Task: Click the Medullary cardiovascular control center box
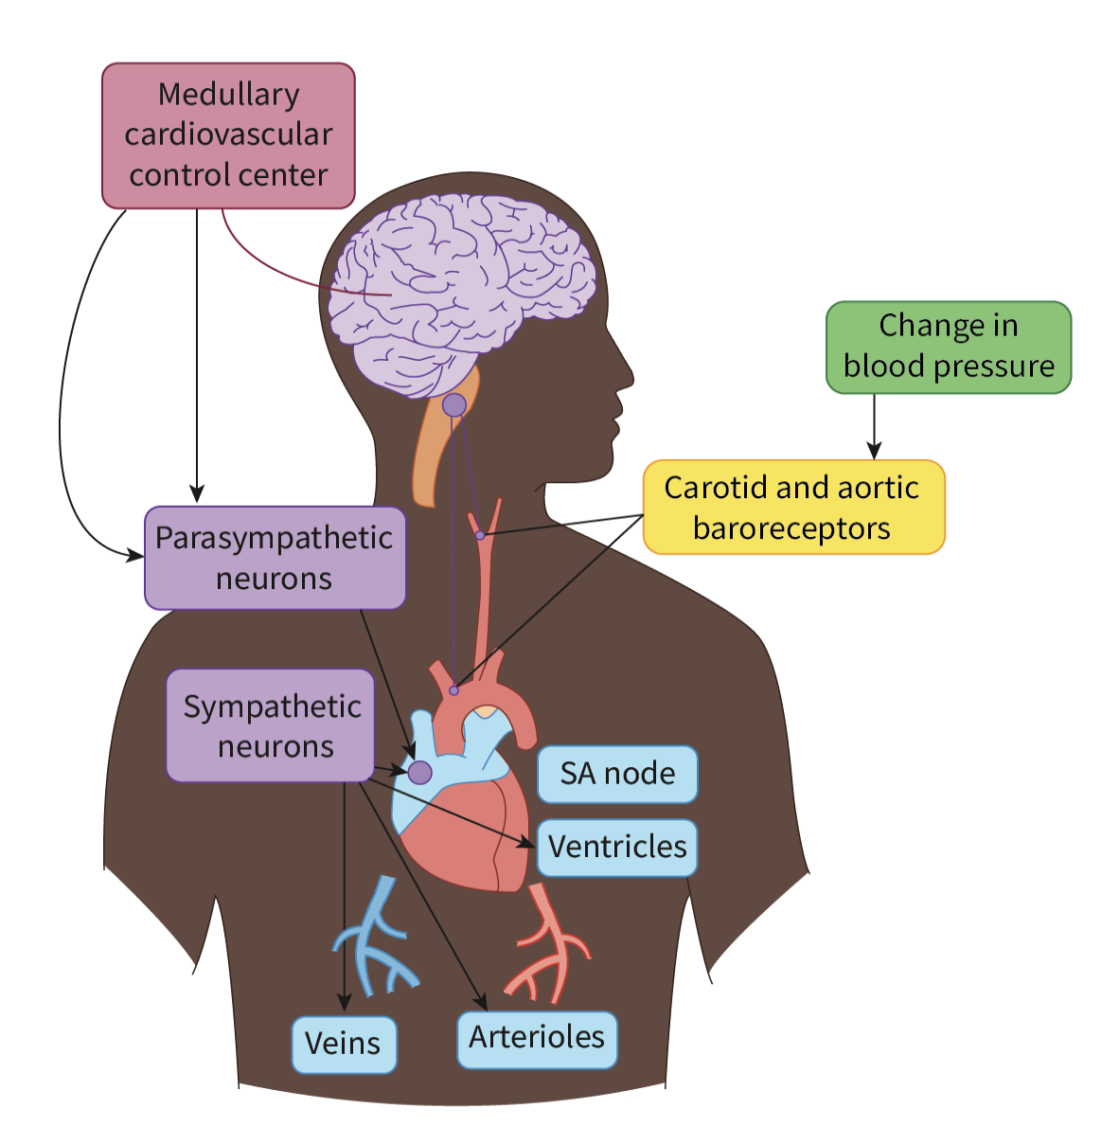coord(228,134)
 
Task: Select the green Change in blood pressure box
coord(948,347)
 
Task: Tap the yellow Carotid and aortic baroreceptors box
coord(793,507)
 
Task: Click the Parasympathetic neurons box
coord(275,558)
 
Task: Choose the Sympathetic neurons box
coord(271,725)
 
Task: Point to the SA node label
coord(617,774)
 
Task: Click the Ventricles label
coord(617,847)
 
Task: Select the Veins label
coord(343,1044)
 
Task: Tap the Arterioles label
coord(537,1038)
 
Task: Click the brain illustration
coord(464,284)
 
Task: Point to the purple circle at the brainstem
coord(454,405)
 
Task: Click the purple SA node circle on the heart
coord(419,772)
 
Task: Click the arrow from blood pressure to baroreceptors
coord(874,426)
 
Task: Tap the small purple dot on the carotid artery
coord(480,535)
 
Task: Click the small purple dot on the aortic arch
coord(453,690)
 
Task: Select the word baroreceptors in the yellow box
coord(791,527)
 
